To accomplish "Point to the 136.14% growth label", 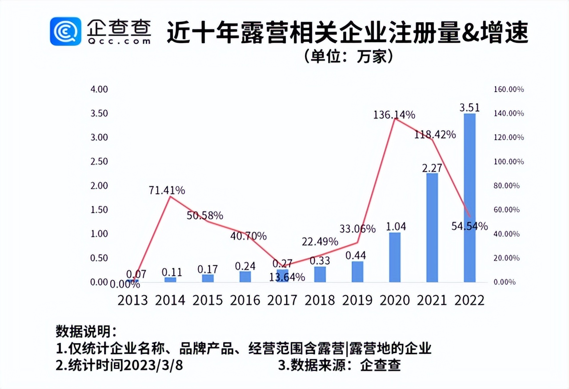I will [394, 114].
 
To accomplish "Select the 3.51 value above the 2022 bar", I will [469, 107].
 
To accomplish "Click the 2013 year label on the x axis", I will [132, 300].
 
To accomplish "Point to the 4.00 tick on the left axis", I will [99, 89].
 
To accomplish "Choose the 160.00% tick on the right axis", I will [509, 89].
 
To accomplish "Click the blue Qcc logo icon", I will [65, 31].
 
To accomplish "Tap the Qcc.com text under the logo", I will [119, 40].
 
